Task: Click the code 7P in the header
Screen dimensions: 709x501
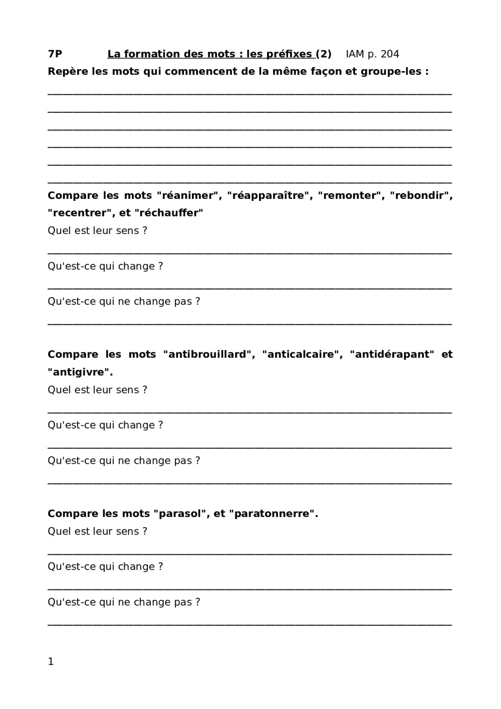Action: pyautogui.click(x=55, y=54)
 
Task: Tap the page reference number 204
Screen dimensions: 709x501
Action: pyautogui.click(x=390, y=54)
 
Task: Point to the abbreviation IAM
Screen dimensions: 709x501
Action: pyautogui.click(x=355, y=54)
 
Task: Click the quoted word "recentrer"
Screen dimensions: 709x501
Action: pyautogui.click(x=80, y=213)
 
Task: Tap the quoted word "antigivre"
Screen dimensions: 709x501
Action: pyautogui.click(x=80, y=372)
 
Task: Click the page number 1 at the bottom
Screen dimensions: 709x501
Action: pyautogui.click(x=51, y=662)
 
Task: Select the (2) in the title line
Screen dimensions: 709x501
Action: pyautogui.click(x=324, y=54)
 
